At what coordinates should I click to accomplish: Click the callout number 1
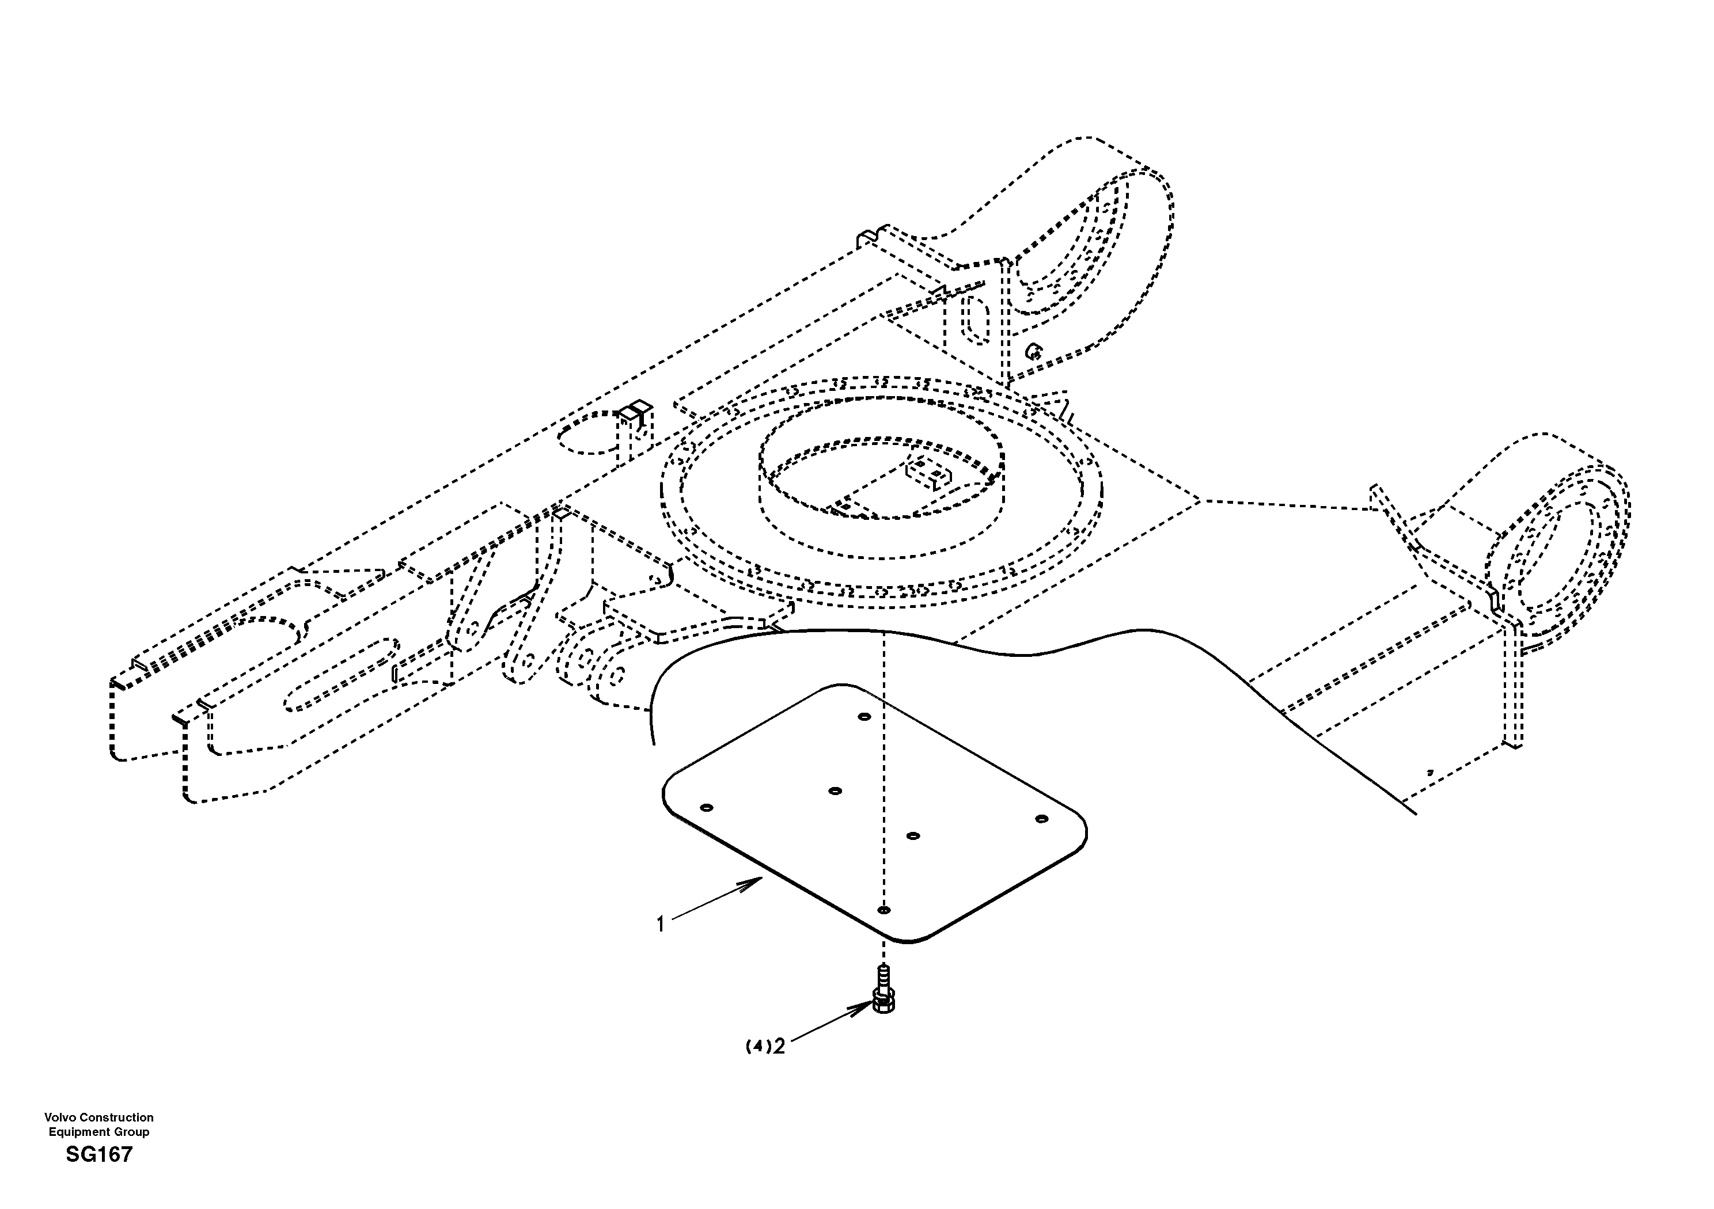pyautogui.click(x=660, y=925)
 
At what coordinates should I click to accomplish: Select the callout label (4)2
pyautogui.click(x=765, y=1046)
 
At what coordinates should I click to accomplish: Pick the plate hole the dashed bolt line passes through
pyautogui.click(x=884, y=910)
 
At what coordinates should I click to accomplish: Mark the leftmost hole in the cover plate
pyautogui.click(x=707, y=808)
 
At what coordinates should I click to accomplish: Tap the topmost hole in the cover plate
pyautogui.click(x=864, y=716)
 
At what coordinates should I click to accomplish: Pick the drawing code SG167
pyautogui.click(x=98, y=1154)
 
